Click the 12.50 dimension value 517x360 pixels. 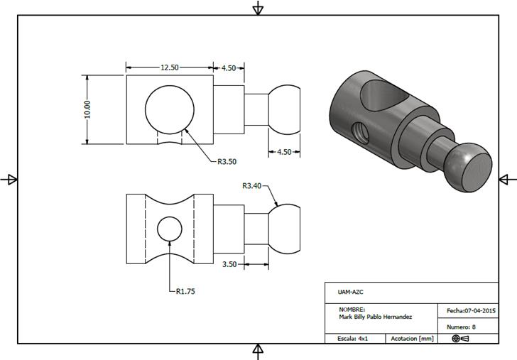(169, 67)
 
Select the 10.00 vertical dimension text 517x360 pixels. (87, 109)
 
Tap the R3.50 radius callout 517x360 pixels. (227, 161)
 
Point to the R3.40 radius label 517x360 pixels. (252, 186)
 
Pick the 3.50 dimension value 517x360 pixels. (229, 264)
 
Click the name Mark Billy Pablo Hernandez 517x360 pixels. (376, 317)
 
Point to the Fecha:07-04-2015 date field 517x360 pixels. (470, 311)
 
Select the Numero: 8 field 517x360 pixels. (461, 327)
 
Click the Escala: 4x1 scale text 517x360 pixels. (353, 339)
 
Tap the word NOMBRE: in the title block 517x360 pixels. (352, 310)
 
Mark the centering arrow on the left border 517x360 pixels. (9, 180)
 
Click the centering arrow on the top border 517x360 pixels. (258, 8)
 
